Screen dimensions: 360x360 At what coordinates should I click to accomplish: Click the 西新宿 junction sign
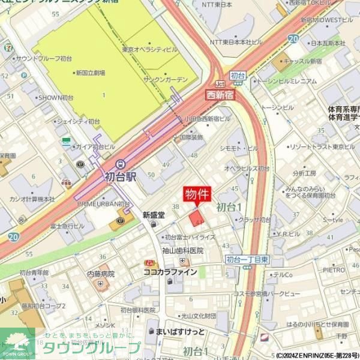click(220, 95)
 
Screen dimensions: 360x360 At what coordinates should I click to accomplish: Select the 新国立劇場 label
click(91, 73)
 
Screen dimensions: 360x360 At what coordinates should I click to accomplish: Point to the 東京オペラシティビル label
click(149, 49)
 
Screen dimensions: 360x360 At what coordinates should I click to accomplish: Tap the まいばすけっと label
click(180, 331)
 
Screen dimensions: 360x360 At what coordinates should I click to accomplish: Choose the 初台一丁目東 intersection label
click(247, 259)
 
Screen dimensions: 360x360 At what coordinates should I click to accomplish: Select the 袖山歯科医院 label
click(182, 250)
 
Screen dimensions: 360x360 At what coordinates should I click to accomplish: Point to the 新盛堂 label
click(153, 214)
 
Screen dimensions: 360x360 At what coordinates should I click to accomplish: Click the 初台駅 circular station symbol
click(119, 163)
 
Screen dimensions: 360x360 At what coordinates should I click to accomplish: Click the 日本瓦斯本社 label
click(328, 43)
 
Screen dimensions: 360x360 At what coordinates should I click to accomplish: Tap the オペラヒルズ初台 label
click(247, 169)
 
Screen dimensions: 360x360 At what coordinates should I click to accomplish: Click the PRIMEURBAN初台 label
click(103, 204)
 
